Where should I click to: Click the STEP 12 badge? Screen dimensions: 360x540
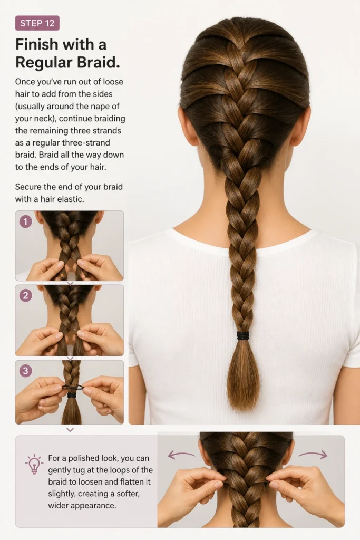(x=37, y=23)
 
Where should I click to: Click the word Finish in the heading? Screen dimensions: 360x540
(x=37, y=44)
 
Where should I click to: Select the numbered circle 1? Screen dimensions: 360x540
(x=25, y=221)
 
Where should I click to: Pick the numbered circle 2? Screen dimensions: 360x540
(x=25, y=295)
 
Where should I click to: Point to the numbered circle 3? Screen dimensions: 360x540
(x=25, y=371)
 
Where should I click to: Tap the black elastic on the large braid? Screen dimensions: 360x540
(x=242, y=336)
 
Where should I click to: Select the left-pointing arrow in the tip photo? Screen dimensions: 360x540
(x=181, y=455)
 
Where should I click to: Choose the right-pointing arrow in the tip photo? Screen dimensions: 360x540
(x=313, y=455)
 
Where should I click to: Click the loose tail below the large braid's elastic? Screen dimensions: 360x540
(x=244, y=375)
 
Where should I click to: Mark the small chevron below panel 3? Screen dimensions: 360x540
(x=70, y=430)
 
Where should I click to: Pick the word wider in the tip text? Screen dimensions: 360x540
(x=58, y=506)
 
